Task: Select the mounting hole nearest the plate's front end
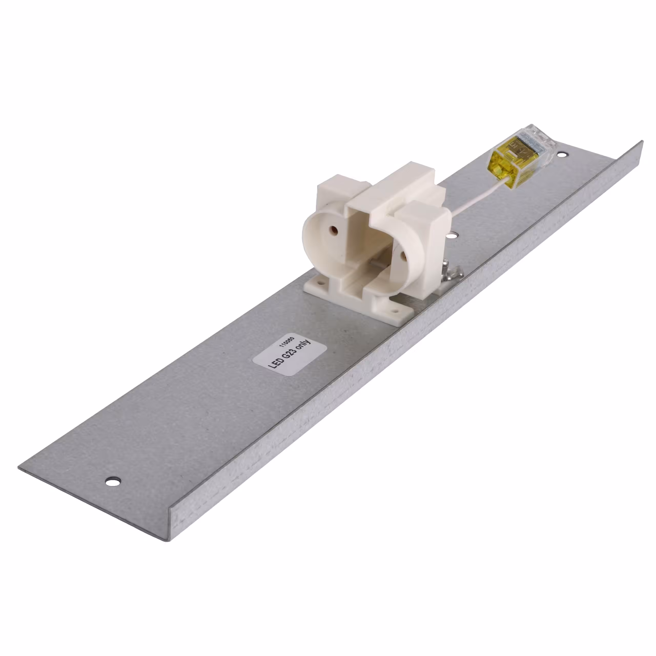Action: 113,481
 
